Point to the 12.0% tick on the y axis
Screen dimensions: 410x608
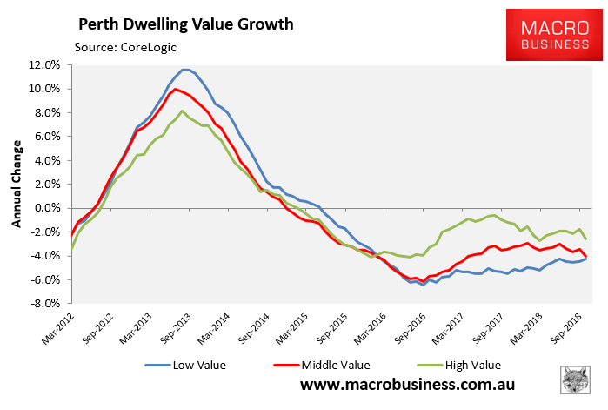43,65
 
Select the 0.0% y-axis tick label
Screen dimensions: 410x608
46,208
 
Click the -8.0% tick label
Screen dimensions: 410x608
43,303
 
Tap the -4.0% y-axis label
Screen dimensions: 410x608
43,256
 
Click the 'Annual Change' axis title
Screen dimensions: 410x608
16,185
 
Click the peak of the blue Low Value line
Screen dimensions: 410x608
185,70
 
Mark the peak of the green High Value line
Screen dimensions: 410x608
182,111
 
